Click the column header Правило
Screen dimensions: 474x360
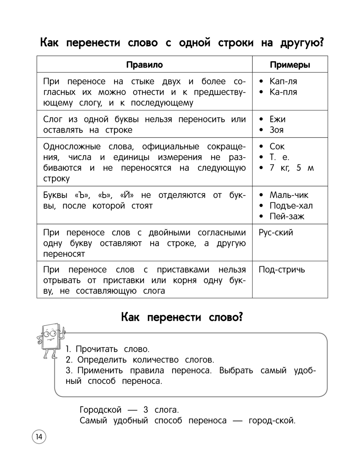point(144,65)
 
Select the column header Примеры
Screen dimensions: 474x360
point(290,65)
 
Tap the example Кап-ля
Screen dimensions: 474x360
point(283,81)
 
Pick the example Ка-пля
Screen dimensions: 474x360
point(283,92)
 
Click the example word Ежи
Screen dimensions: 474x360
point(277,119)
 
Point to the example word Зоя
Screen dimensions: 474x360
point(276,130)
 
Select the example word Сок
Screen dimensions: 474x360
point(277,146)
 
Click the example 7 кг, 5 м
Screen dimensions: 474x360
point(292,168)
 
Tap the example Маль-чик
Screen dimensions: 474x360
point(289,195)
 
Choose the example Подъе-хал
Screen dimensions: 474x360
point(291,206)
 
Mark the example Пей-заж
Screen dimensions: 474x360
point(287,216)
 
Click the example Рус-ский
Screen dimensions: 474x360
point(276,233)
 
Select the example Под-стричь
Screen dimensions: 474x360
point(282,270)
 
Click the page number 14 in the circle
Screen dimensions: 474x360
point(39,437)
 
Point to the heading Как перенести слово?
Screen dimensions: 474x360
point(182,317)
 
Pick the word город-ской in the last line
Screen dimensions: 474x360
point(272,420)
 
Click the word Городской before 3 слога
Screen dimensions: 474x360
point(100,410)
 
